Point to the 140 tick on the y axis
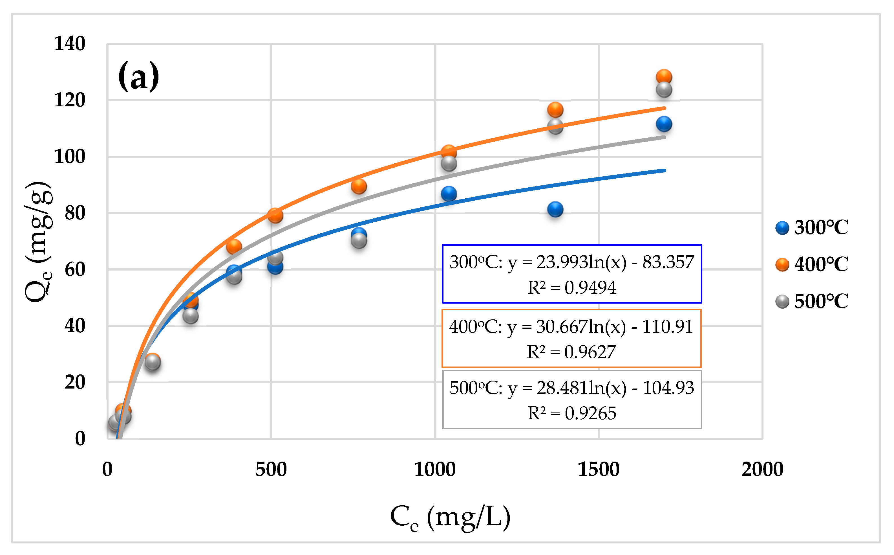tap(70, 43)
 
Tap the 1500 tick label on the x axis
tap(599, 469)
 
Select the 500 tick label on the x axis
tap(271, 469)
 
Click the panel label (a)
tap(139, 76)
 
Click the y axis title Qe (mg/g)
tap(39, 242)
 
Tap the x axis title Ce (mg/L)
tap(450, 517)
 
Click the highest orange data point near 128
tap(664, 77)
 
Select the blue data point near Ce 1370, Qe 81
tap(555, 209)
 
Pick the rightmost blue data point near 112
tap(664, 124)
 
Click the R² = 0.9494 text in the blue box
tap(572, 288)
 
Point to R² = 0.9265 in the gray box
tap(572, 413)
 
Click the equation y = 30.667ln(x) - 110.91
tap(571, 327)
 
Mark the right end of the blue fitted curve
tap(664, 170)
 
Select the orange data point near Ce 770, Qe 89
tap(359, 187)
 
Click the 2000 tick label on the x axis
tap(762, 469)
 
